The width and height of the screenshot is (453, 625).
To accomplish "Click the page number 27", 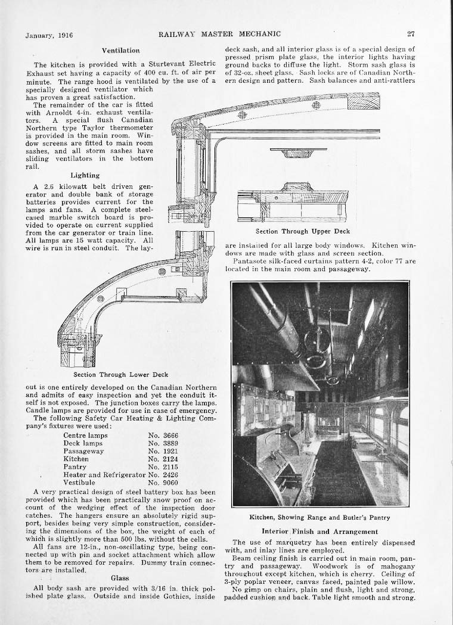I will (411, 35).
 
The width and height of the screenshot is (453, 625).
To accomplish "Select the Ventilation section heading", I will (120, 51).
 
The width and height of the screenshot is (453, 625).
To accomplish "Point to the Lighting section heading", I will (85, 175).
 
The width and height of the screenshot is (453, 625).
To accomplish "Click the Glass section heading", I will (120, 577).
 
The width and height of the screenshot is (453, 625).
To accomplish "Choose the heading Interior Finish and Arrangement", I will (319, 531).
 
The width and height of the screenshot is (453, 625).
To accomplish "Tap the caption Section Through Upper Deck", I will (303, 231).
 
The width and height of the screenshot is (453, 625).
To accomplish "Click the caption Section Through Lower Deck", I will (120, 375).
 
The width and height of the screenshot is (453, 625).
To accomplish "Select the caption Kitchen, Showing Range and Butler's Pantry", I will (319, 517).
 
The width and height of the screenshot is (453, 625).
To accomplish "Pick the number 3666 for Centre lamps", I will (170, 436).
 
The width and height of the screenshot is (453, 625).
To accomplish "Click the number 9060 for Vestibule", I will (170, 483).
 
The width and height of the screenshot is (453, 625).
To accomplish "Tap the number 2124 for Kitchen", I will (170, 459).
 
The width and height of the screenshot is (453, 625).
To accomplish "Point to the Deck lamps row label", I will (83, 443).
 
